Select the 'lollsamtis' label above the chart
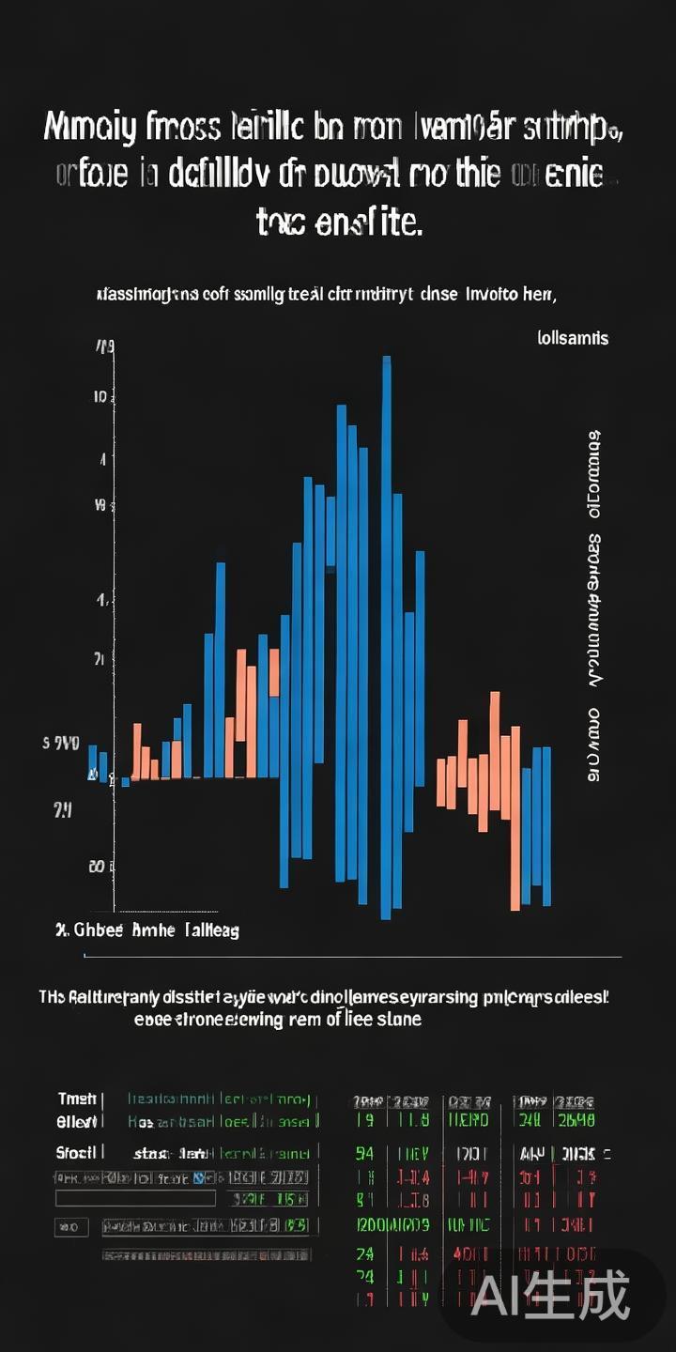(x=573, y=338)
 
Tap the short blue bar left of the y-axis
(x=93, y=760)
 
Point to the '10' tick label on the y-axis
(x=100, y=397)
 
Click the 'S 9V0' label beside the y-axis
(x=61, y=744)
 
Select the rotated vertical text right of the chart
(x=594, y=606)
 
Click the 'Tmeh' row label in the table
(x=77, y=1099)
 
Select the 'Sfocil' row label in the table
(x=77, y=1152)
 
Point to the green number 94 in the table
(x=365, y=1153)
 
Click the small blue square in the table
(x=198, y=1177)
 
